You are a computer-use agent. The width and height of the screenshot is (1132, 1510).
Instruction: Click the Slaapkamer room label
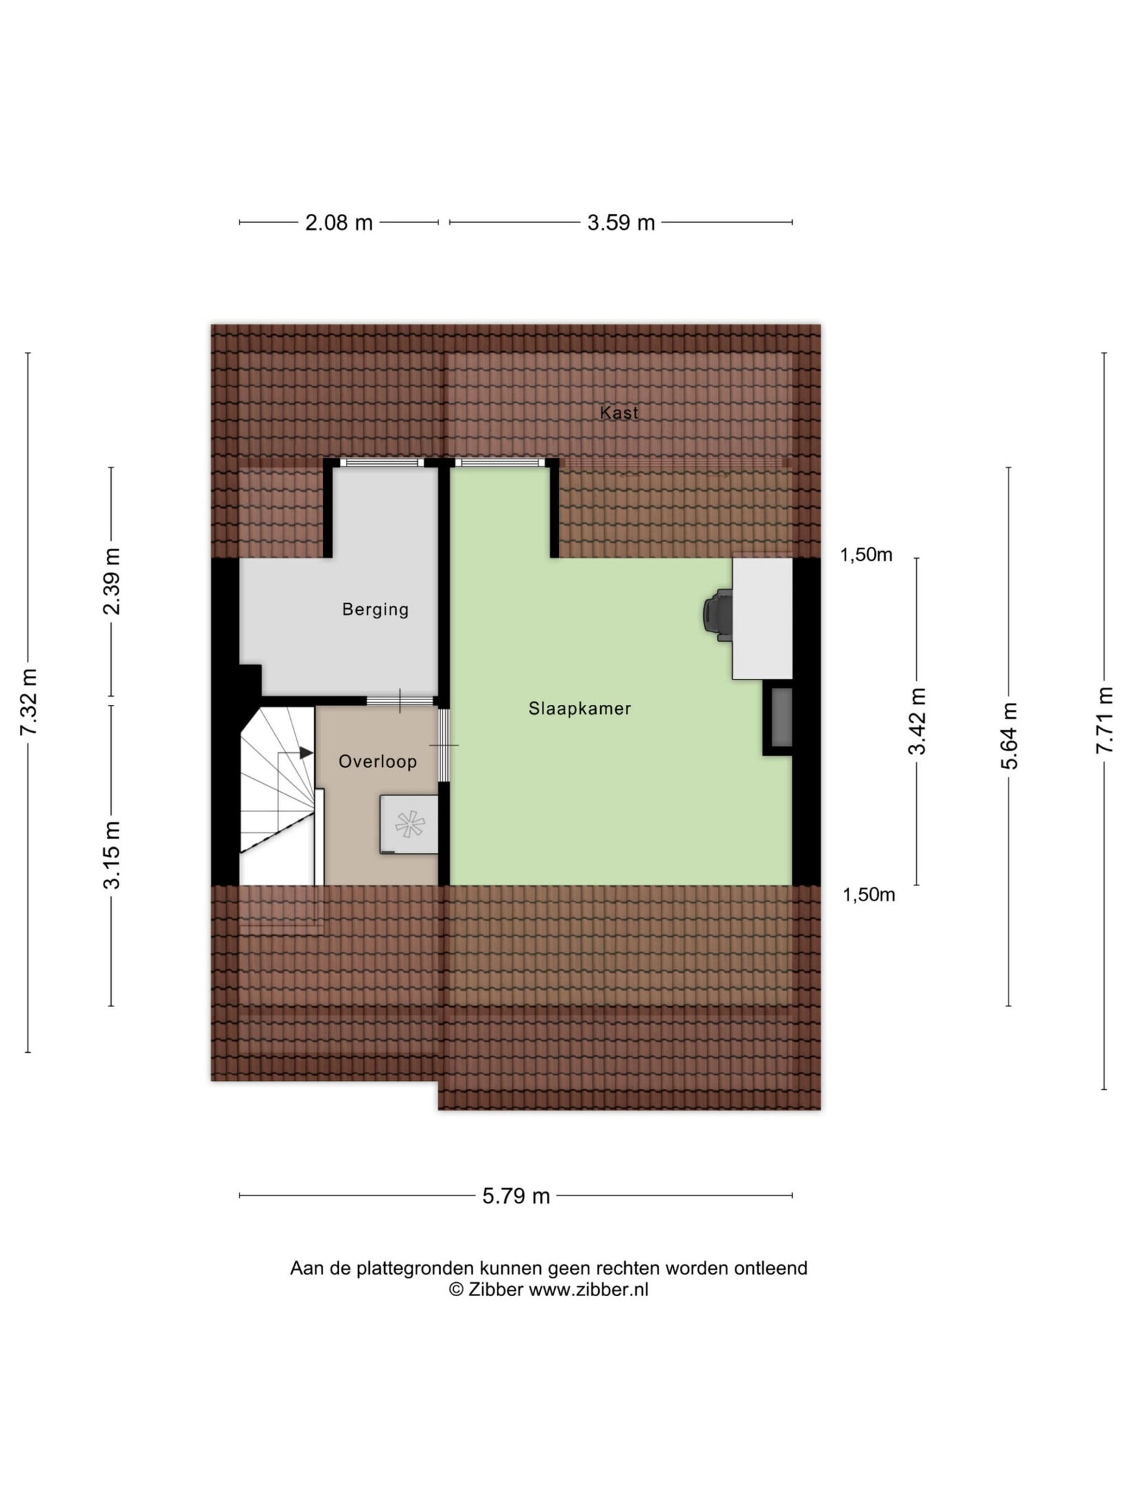(579, 708)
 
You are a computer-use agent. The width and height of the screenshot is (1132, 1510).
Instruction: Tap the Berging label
(375, 609)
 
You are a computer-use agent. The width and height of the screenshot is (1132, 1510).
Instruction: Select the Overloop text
(377, 761)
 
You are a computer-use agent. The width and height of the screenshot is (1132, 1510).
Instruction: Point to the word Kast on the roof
(619, 413)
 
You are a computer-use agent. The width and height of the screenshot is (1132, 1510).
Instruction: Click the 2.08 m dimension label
(339, 222)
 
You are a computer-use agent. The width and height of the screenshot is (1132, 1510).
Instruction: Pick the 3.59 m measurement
(621, 222)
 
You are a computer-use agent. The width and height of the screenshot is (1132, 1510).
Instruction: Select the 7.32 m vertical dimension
(29, 701)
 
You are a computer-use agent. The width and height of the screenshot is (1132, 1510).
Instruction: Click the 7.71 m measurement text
(1104, 720)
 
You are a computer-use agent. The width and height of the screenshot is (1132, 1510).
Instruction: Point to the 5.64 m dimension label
(1009, 736)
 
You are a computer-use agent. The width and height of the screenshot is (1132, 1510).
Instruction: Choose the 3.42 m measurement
(917, 721)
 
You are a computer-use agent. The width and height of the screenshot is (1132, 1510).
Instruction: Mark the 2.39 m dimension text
(111, 581)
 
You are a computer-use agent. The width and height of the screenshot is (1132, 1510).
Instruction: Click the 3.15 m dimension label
(111, 855)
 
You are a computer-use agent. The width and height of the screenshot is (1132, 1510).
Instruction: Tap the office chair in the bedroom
(718, 615)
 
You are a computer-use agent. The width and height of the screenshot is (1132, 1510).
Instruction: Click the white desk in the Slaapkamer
(762, 618)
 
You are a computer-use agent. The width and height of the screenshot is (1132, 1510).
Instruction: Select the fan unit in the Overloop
(409, 824)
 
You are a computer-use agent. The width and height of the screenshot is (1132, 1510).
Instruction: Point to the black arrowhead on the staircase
(306, 753)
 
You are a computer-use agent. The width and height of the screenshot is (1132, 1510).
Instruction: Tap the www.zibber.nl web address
(589, 1290)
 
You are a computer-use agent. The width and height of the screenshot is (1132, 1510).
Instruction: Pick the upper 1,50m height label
(866, 555)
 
